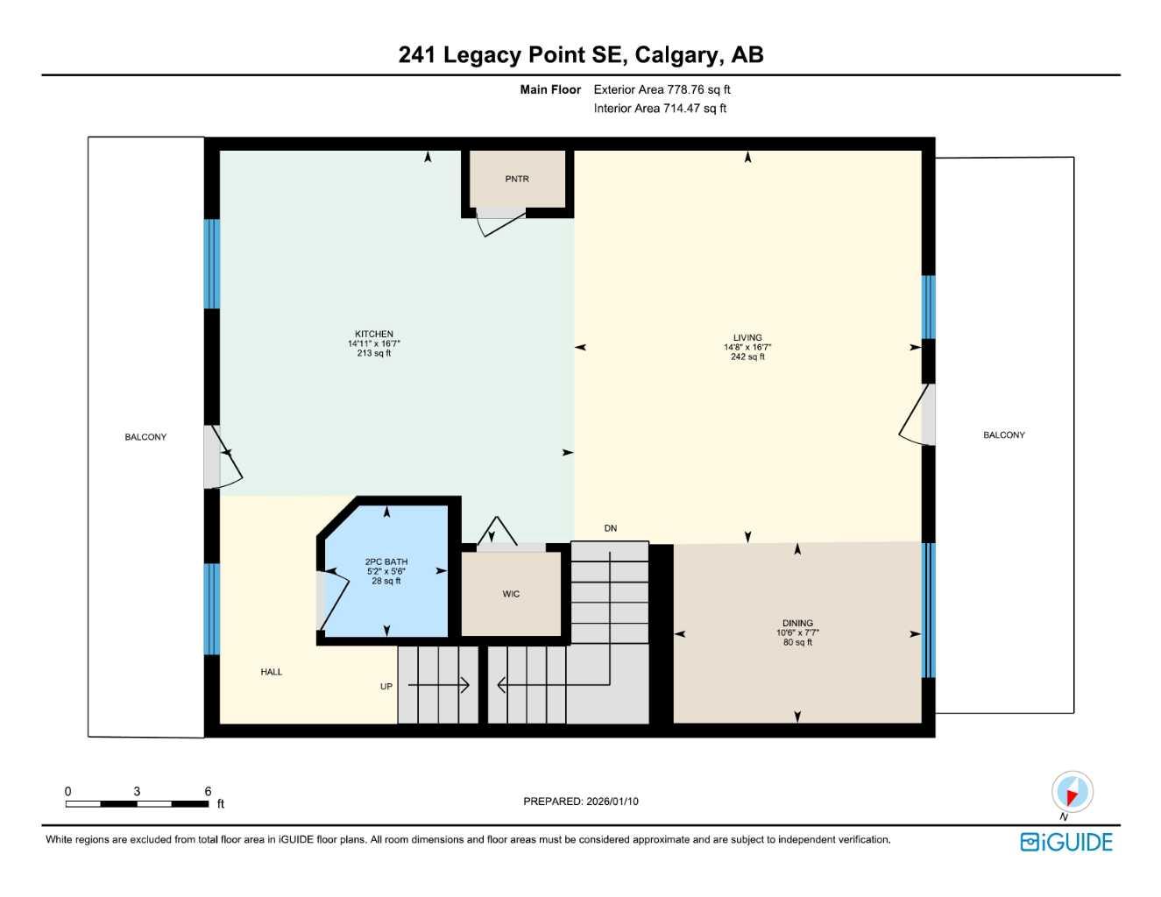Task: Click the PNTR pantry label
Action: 517,179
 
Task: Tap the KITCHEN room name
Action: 374,334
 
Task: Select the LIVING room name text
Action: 747,337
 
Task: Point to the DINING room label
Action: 797,623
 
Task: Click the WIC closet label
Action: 511,594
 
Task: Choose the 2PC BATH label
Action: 386,562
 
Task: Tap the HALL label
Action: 272,672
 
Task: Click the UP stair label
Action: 386,687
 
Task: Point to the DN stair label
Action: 611,528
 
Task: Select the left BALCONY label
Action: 145,437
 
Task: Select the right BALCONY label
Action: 1004,435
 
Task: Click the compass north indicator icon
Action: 1072,793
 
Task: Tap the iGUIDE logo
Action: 1066,842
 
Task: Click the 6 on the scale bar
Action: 208,791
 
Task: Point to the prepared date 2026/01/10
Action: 612,802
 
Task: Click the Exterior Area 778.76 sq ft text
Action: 662,89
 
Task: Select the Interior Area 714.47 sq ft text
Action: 660,109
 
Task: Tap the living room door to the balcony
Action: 916,415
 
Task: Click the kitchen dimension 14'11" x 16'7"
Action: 374,344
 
